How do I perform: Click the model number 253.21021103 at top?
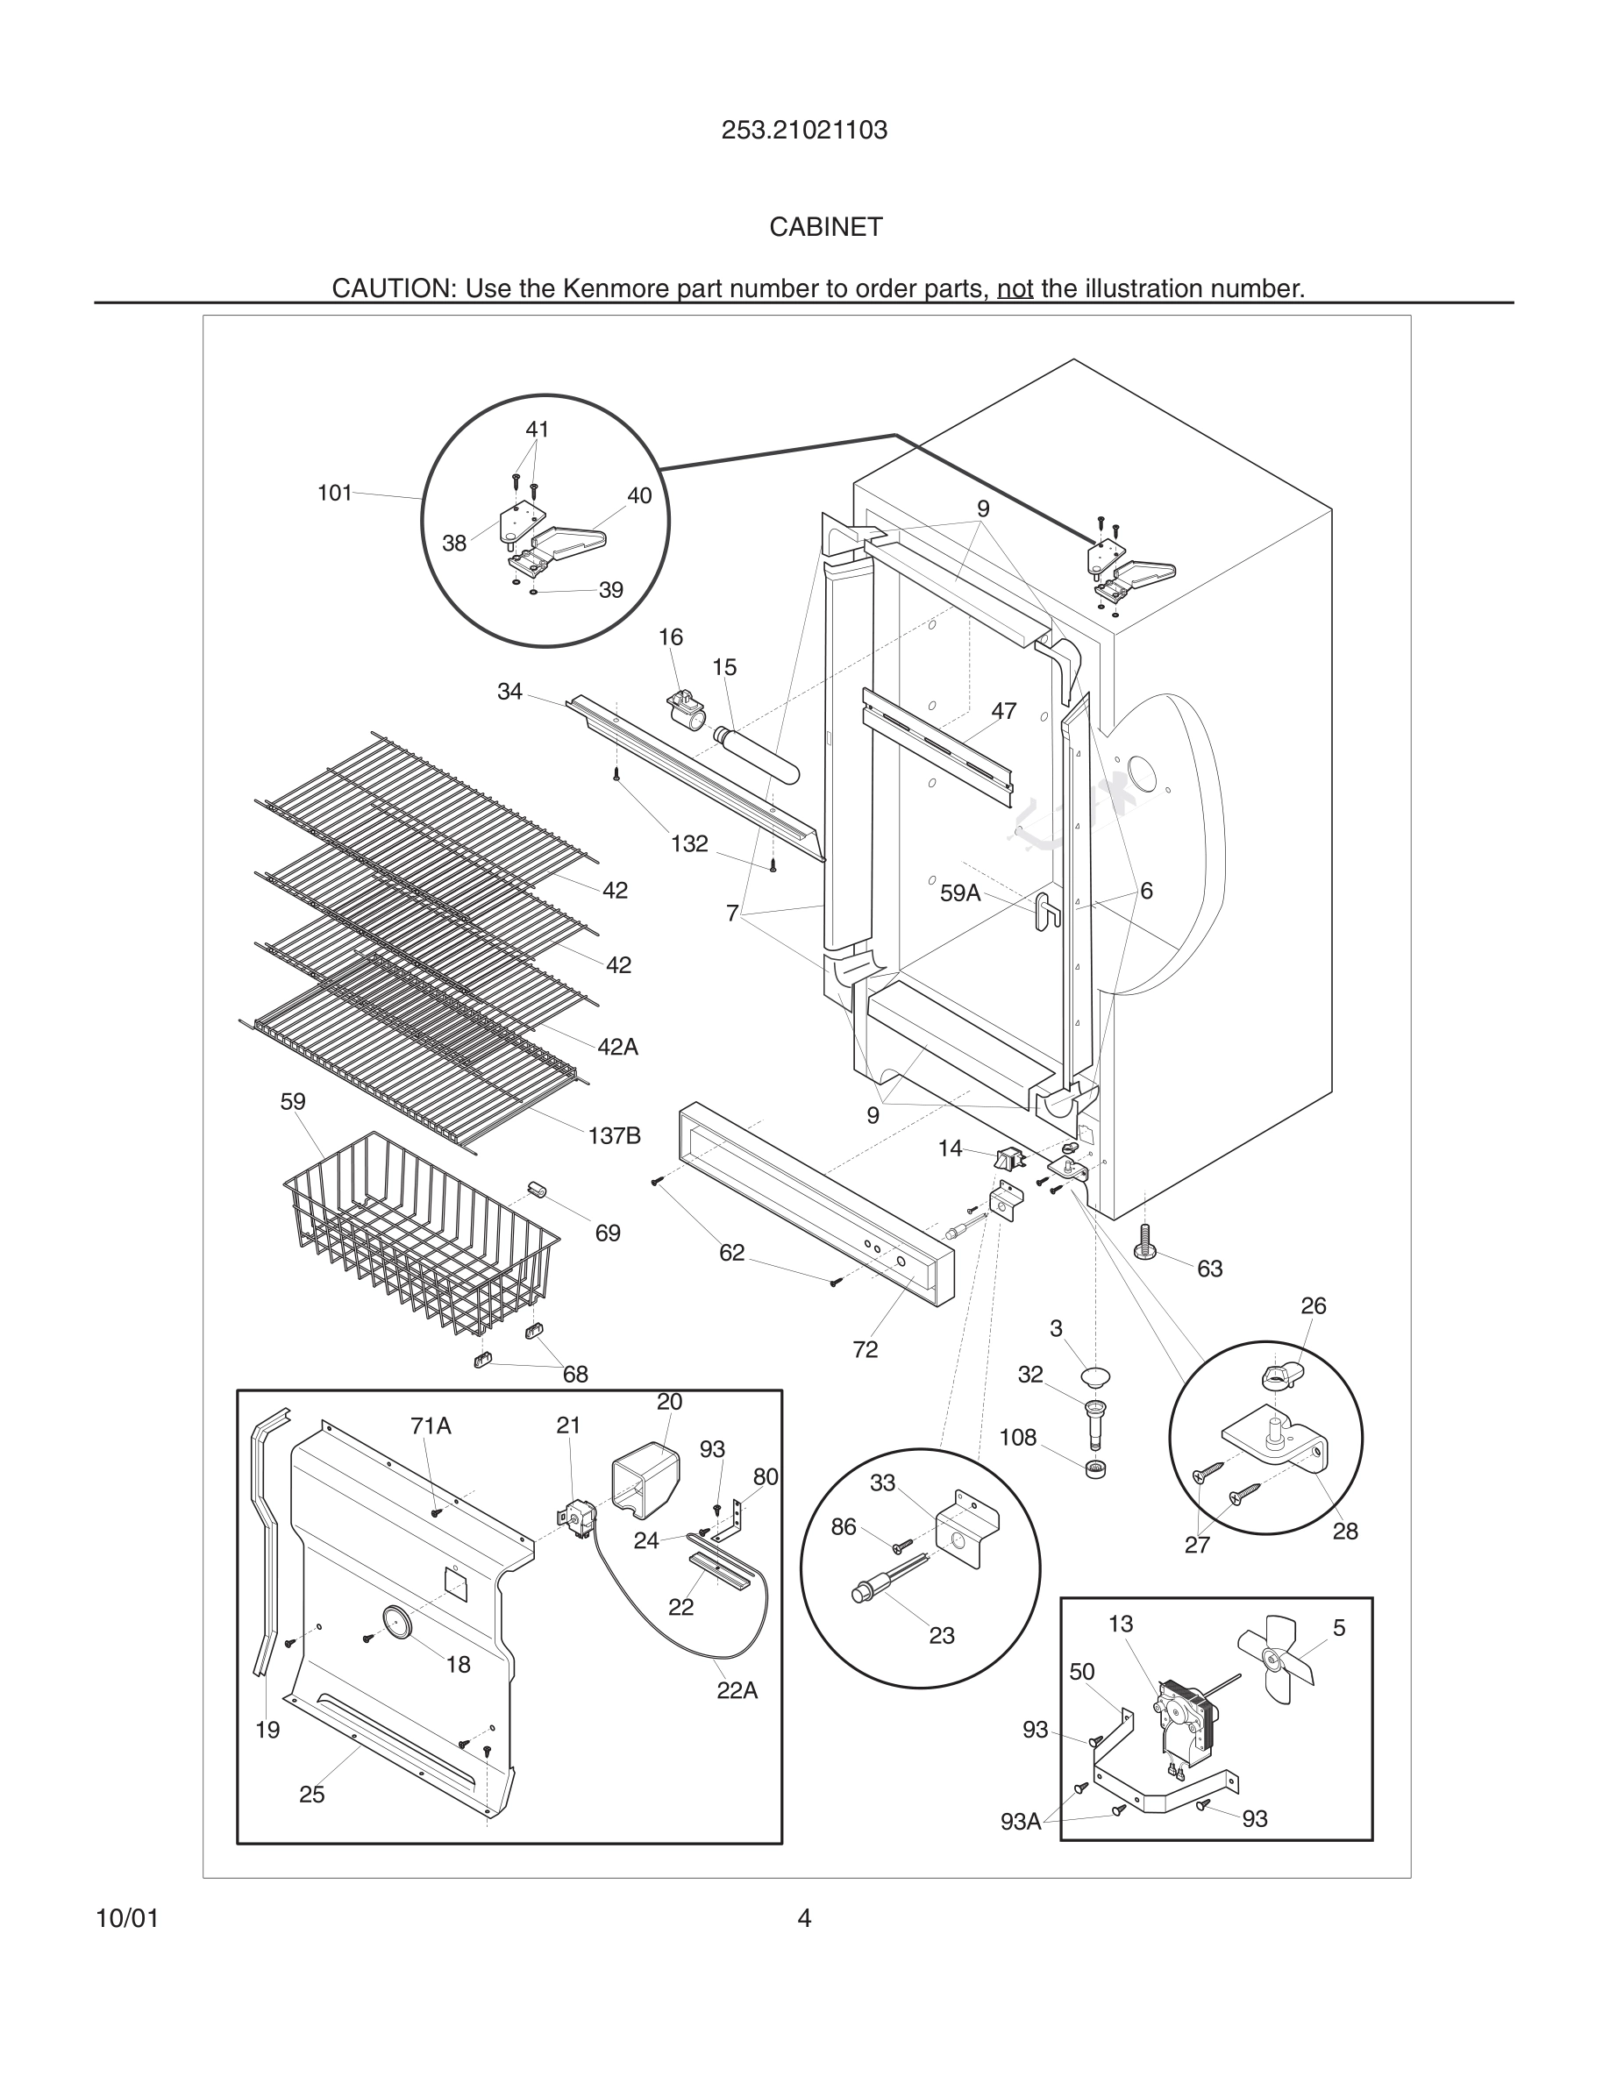tap(804, 131)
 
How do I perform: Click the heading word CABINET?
tap(826, 227)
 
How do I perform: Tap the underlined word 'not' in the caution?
tap(1015, 288)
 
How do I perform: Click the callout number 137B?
tap(614, 1135)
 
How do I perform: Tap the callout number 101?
tap(335, 493)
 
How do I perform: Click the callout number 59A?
tap(960, 892)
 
